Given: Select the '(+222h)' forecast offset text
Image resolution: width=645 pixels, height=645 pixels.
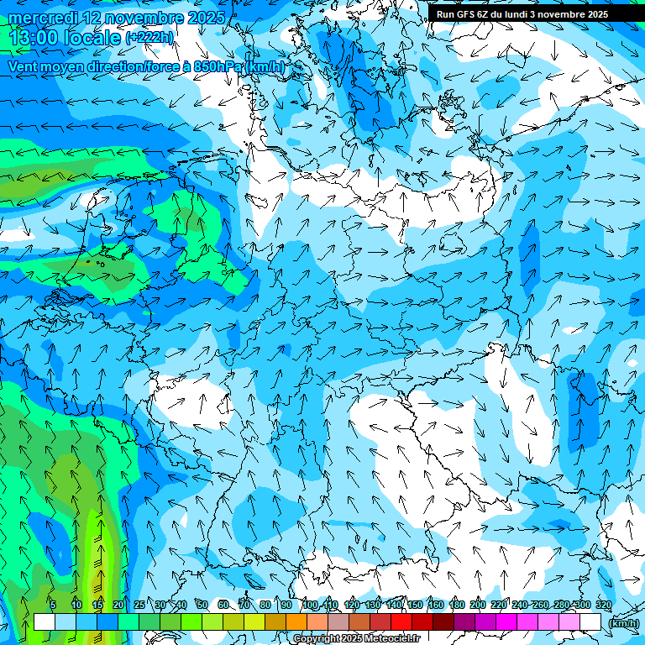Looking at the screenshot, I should click(x=149, y=38).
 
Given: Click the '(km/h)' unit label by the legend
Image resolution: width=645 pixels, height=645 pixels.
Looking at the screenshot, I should click(x=623, y=623).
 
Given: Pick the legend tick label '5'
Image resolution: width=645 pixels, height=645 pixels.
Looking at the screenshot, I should click(x=53, y=606).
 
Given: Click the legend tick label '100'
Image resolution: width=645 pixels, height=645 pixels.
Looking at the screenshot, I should click(x=309, y=606).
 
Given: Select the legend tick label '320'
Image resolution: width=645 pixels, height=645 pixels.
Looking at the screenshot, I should click(x=603, y=606).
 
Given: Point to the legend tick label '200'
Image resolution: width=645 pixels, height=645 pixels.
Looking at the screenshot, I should click(x=477, y=606).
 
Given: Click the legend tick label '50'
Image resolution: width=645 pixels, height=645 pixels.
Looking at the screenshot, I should click(x=202, y=606).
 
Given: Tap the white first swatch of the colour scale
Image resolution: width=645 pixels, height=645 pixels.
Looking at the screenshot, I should click(x=45, y=622).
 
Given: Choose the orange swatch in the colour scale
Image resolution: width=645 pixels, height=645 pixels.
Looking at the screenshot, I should click(x=296, y=622).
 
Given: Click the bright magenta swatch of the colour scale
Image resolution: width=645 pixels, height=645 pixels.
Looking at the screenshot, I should click(x=506, y=622).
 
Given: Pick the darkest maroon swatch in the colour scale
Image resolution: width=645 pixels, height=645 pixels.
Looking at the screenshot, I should click(x=443, y=622).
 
